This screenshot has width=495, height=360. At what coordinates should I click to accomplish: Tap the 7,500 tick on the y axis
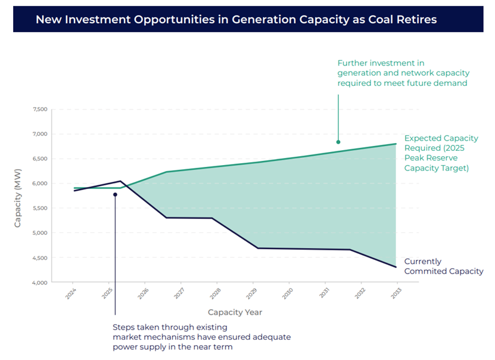(x=39, y=109)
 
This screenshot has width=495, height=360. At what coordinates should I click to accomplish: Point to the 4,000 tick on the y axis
(x=39, y=283)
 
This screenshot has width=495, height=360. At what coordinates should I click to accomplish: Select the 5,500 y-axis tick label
(x=39, y=208)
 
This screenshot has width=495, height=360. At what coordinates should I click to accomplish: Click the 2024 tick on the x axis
(x=72, y=293)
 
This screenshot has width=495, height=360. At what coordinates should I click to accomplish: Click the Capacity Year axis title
(x=235, y=312)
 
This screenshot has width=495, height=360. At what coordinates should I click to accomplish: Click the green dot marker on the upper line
(x=338, y=142)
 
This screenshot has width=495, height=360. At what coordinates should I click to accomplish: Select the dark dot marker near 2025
(x=115, y=194)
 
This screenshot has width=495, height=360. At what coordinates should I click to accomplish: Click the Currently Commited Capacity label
(x=443, y=266)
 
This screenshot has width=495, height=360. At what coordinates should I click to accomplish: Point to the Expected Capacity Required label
(x=441, y=153)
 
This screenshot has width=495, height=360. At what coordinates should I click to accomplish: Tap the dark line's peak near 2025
(x=120, y=181)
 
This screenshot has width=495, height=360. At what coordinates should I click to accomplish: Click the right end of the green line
(x=396, y=144)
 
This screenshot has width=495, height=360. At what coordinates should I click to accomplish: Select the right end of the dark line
(x=396, y=267)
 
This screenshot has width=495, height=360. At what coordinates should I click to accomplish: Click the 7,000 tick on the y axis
(x=39, y=134)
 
